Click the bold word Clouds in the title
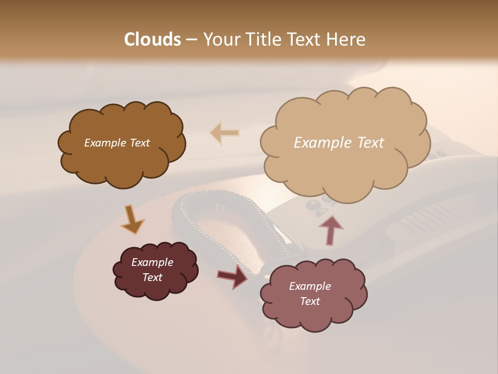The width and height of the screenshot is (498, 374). (153, 39)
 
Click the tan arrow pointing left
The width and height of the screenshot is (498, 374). (225, 132)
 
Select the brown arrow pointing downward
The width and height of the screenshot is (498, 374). (132, 219)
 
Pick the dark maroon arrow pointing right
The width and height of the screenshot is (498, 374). (233, 276)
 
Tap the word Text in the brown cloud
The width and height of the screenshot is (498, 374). (139, 143)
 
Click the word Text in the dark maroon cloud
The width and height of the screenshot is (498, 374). (153, 277)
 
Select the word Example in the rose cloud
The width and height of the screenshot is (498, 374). (310, 286)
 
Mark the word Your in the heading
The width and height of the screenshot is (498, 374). (222, 39)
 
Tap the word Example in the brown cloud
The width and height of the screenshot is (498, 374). (105, 143)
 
